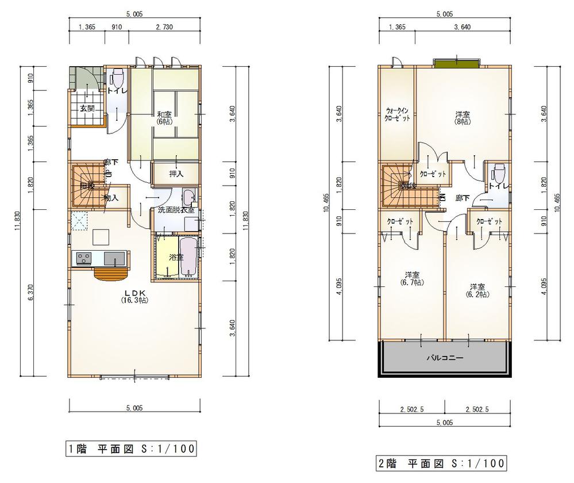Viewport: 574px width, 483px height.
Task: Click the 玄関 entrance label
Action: pyautogui.click(x=87, y=108)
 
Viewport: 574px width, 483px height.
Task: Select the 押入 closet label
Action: pyautogui.click(x=176, y=173)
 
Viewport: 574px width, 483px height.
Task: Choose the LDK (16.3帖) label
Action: pyautogui.click(x=136, y=296)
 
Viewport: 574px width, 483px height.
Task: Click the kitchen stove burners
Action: pyautogui.click(x=83, y=259)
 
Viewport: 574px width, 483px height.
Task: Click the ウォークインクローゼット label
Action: pyautogui.click(x=397, y=113)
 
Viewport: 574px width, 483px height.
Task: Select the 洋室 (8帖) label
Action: pyautogui.click(x=461, y=117)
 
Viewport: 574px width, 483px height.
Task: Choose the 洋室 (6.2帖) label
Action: pyautogui.click(x=476, y=290)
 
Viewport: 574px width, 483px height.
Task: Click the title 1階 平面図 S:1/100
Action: pyautogui.click(x=129, y=448)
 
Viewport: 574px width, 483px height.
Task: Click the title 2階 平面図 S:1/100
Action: pyautogui.click(x=441, y=462)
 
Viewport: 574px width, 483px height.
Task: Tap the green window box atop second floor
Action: pyautogui.click(x=457, y=62)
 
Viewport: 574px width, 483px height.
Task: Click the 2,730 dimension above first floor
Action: pyautogui.click(x=165, y=27)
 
